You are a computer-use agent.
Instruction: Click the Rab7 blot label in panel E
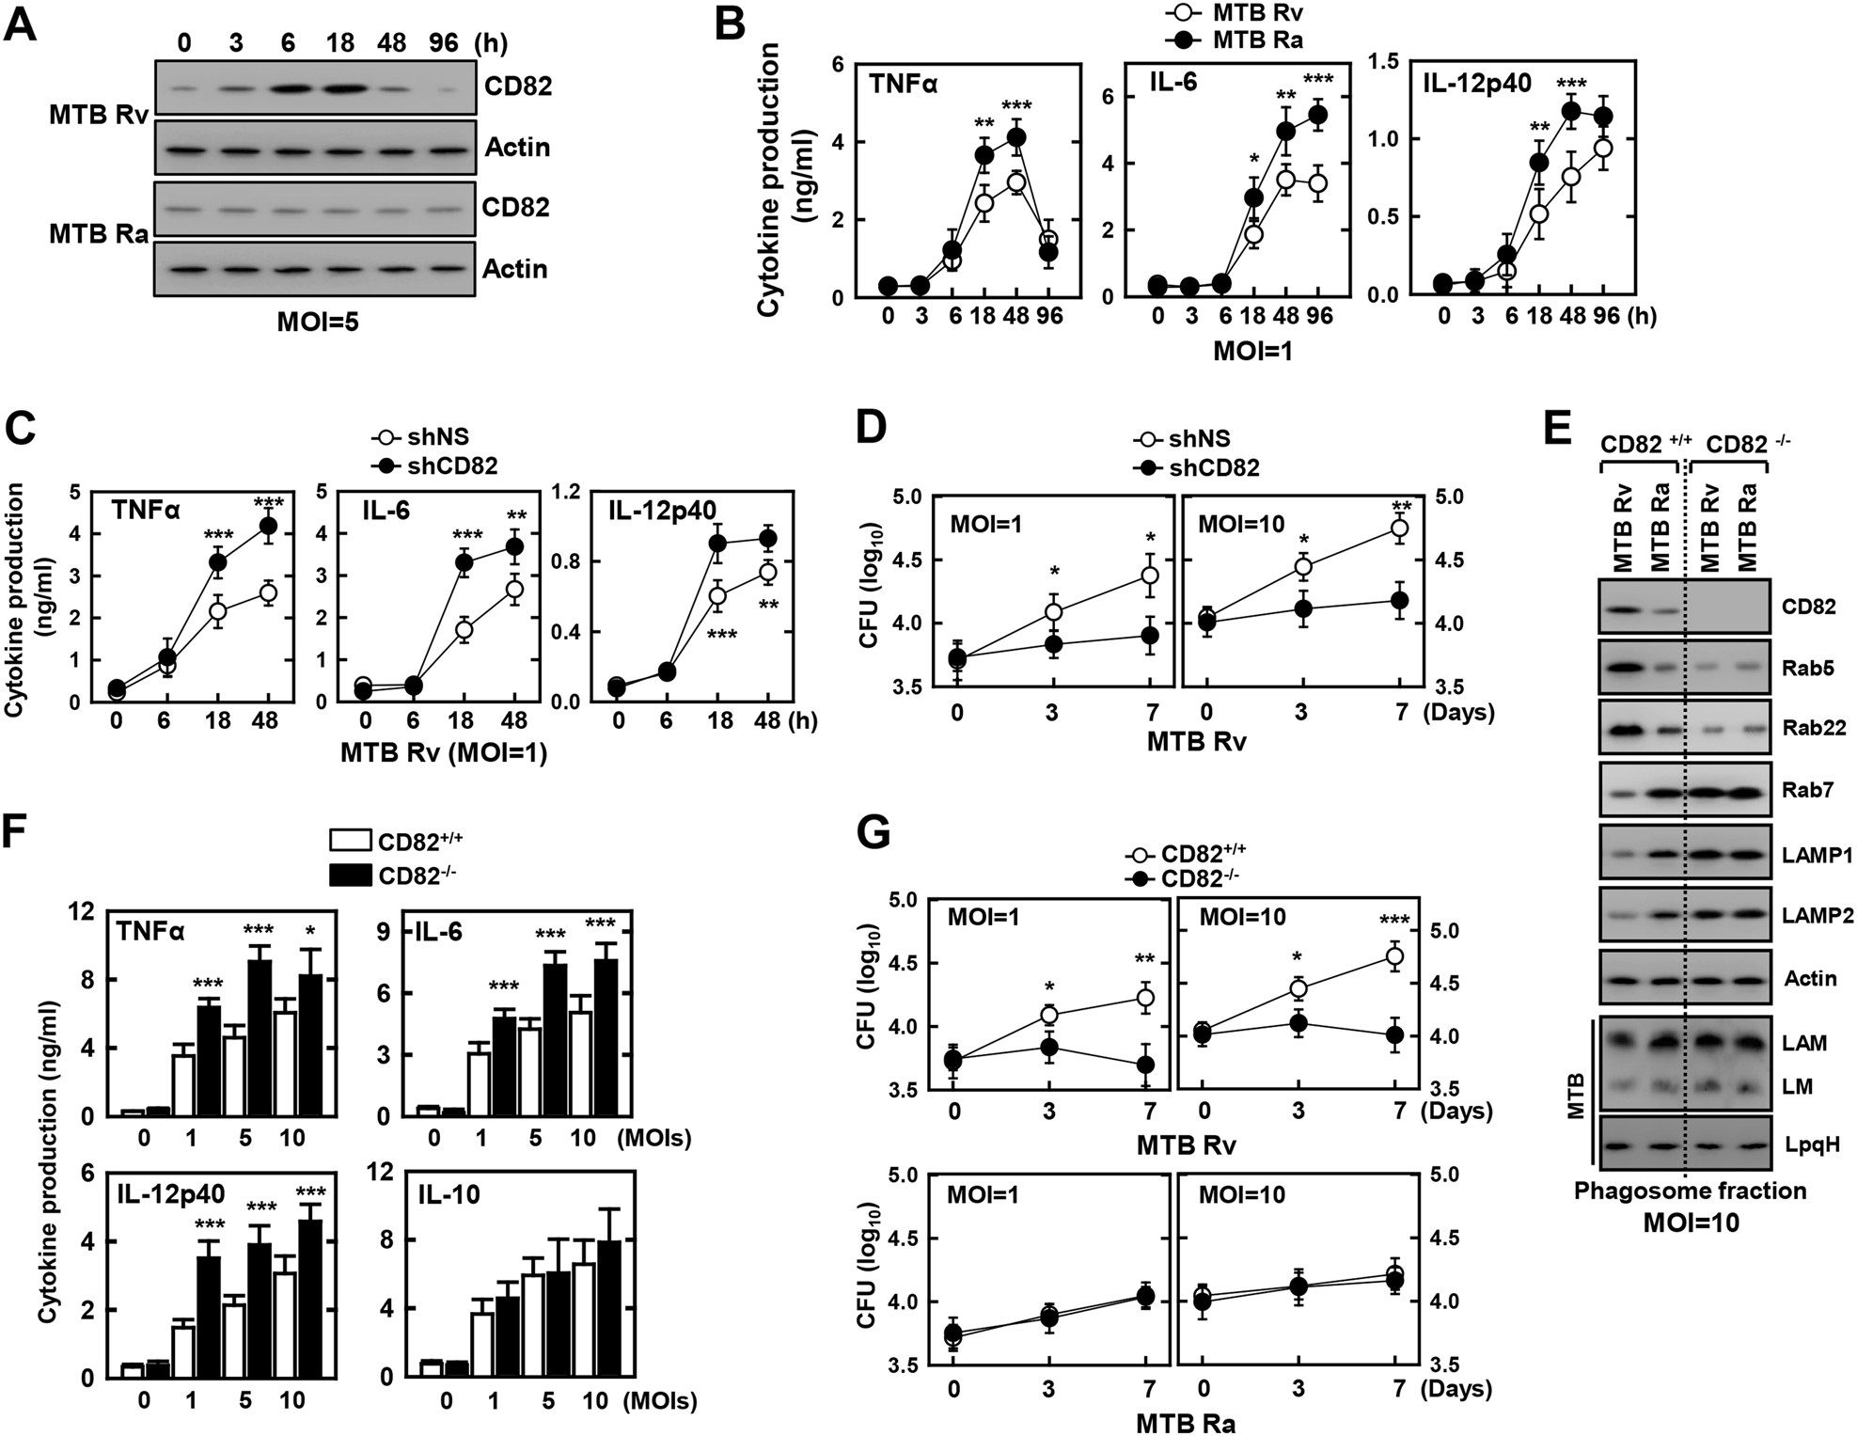click(1807, 790)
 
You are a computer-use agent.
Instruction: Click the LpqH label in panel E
click(1811, 1144)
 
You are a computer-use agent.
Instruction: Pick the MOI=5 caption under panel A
click(318, 323)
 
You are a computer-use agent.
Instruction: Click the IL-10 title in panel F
click(449, 1194)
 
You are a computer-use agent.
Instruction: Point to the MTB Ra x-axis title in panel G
click(1185, 1422)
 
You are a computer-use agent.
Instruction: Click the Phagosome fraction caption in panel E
click(1690, 1191)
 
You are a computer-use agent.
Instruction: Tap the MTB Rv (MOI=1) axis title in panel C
click(443, 753)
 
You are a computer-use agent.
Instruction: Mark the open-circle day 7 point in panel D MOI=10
click(1399, 529)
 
